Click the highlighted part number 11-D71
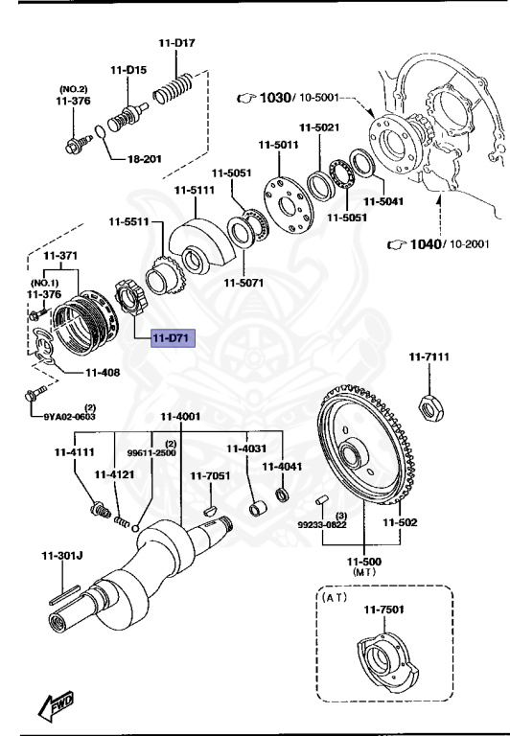(169, 338)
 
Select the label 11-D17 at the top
(178, 43)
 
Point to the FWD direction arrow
(55, 706)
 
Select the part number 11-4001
(180, 416)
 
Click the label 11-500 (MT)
(364, 565)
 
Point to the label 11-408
(103, 372)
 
